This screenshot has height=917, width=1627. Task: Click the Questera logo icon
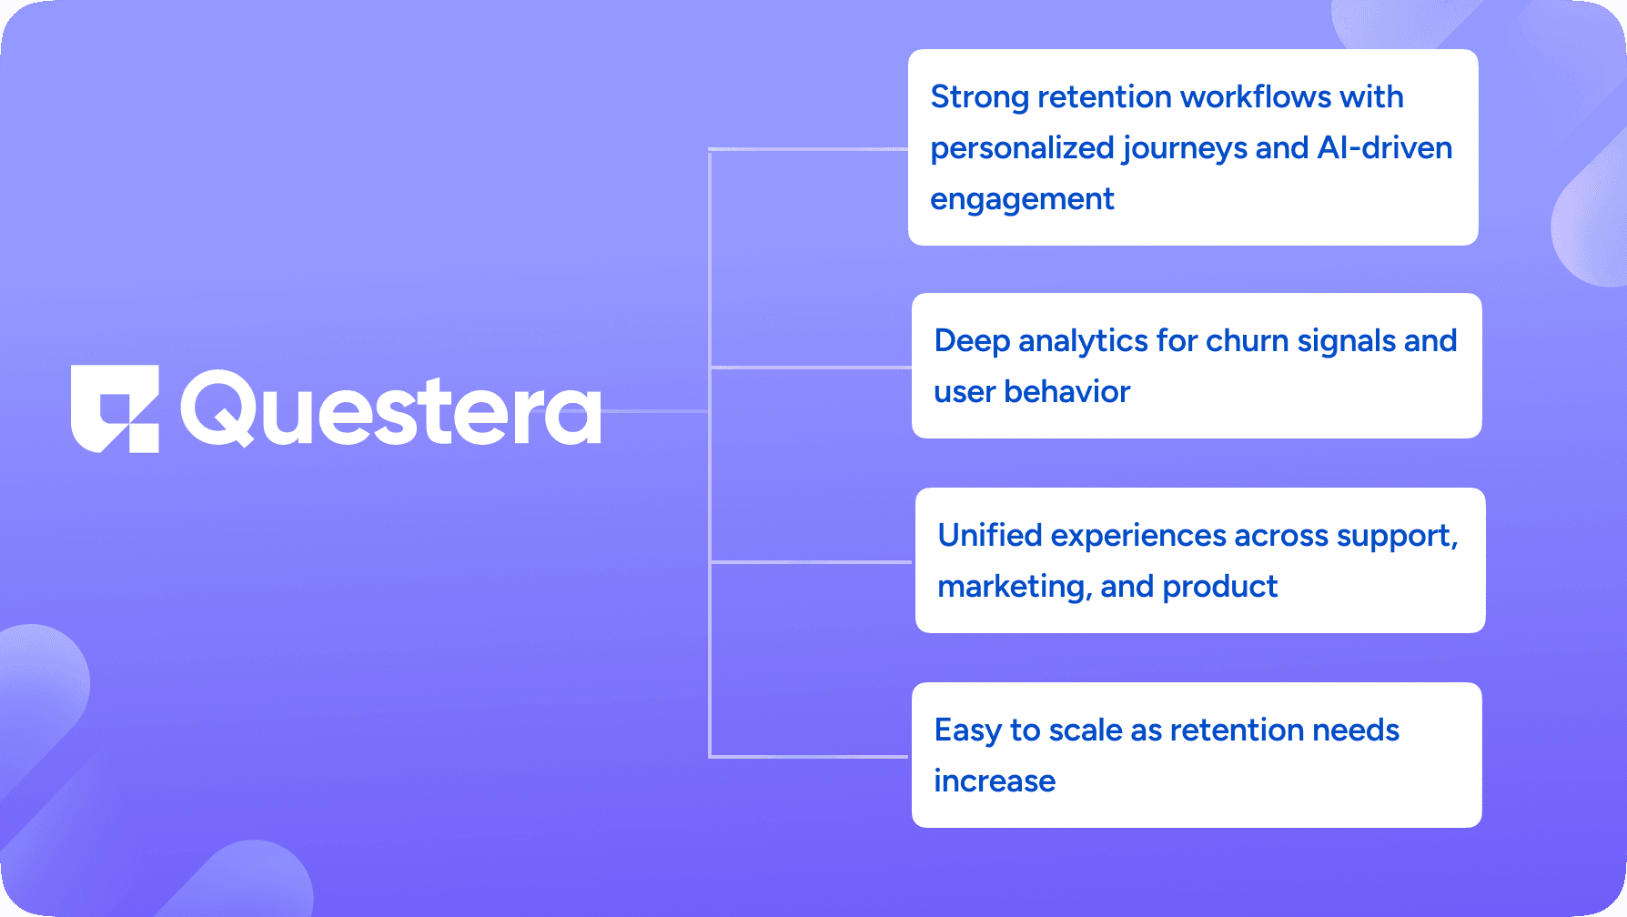[x=115, y=408]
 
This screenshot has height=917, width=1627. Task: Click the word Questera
[x=391, y=408]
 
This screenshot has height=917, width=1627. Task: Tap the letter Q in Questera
[x=217, y=408]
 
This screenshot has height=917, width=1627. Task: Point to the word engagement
[x=1022, y=199]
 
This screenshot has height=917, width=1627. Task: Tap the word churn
[x=1247, y=340]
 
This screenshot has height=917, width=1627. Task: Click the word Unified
[x=990, y=535]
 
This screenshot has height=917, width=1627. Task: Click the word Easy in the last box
[x=967, y=731]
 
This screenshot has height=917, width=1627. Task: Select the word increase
[x=995, y=781]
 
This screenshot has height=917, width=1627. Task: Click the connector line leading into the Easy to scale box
[x=809, y=756]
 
